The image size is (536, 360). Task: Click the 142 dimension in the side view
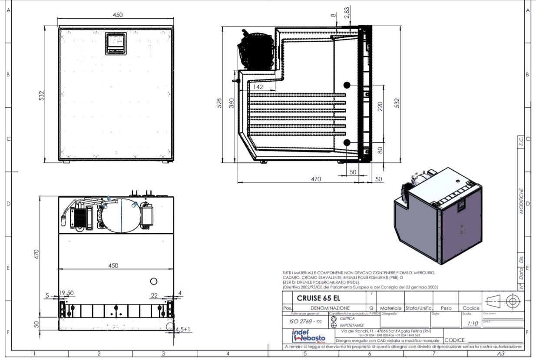click(258, 87)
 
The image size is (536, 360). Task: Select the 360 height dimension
click(232, 102)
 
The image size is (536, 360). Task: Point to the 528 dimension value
click(219, 102)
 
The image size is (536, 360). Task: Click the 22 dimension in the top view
click(154, 295)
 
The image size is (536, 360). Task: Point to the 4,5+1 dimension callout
click(183, 330)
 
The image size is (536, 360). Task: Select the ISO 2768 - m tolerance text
click(305, 322)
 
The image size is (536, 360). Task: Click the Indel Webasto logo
click(308, 336)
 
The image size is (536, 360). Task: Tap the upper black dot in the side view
click(347, 85)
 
